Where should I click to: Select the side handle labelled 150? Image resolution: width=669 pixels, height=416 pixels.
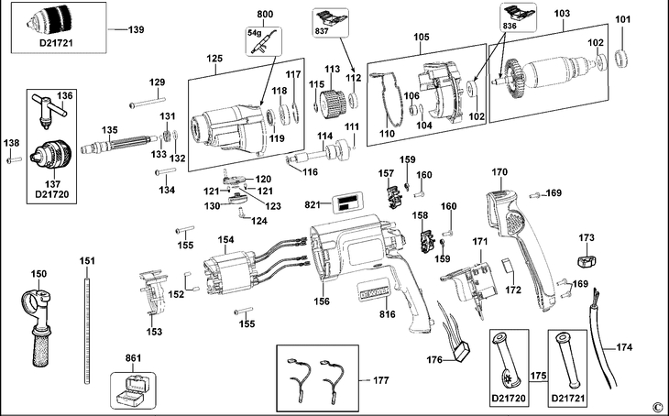38,320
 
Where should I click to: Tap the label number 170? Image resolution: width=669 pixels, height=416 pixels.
499,172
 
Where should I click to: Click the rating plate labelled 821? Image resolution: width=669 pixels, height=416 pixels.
345,203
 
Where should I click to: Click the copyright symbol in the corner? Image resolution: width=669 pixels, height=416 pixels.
656,406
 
